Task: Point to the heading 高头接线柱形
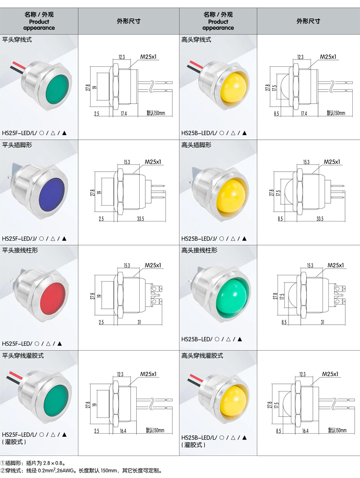pyautogui.click(x=199, y=250)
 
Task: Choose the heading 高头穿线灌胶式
pyautogui.click(x=202, y=356)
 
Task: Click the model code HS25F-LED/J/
pyautogui.click(x=20, y=238)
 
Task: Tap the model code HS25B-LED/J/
pyautogui.click(x=199, y=238)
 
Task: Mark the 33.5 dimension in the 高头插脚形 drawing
pyautogui.click(x=320, y=219)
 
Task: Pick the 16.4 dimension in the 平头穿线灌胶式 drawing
pyautogui.click(x=123, y=430)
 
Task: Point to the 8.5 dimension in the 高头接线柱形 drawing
pyautogui.click(x=277, y=322)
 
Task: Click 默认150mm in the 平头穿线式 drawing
pyautogui.click(x=156, y=113)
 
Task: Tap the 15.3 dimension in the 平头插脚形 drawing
pyautogui.click(x=127, y=162)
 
